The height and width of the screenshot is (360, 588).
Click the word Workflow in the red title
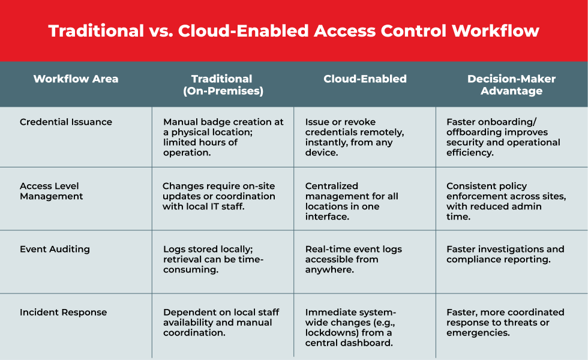pyautogui.click(x=496, y=31)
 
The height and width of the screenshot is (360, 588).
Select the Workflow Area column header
pyautogui.click(x=76, y=79)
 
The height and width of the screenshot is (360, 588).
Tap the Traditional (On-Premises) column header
pyautogui.click(x=223, y=85)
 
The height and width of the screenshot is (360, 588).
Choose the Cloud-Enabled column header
pyautogui.click(x=365, y=79)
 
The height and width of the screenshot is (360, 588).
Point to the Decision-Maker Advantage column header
pyautogui.click(x=511, y=85)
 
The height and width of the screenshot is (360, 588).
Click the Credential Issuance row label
pyautogui.click(x=66, y=122)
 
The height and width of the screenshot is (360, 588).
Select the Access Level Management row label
pyautogui.click(x=52, y=191)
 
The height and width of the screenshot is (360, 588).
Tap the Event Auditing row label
pyautogui.click(x=55, y=250)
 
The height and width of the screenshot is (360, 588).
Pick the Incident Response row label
pyautogui.click(x=64, y=313)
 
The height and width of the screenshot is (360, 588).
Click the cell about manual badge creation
pyautogui.click(x=223, y=137)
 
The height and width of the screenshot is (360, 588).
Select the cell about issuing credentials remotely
pyautogui.click(x=355, y=137)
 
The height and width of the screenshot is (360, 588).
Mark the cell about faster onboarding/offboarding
pyautogui.click(x=503, y=137)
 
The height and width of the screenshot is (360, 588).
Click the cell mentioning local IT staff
pyautogui.click(x=218, y=196)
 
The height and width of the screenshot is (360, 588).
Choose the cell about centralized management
pyautogui.click(x=352, y=202)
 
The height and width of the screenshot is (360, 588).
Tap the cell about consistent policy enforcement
pyautogui.click(x=506, y=202)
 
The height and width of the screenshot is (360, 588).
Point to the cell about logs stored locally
pyautogui.click(x=214, y=259)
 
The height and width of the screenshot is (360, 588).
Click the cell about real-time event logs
pyautogui.click(x=353, y=259)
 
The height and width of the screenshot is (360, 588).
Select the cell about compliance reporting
pyautogui.click(x=505, y=254)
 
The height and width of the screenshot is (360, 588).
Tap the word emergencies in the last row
pyautogui.click(x=478, y=333)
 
